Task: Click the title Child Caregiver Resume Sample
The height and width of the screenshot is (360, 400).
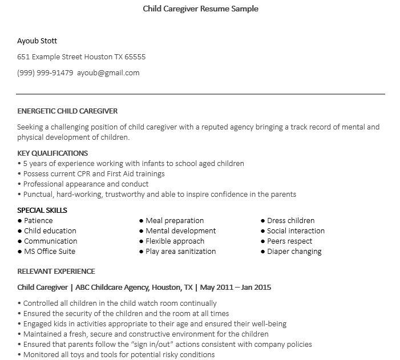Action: tap(200, 9)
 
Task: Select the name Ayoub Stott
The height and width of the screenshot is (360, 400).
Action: tap(37, 41)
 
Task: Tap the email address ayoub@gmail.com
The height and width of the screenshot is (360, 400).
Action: tap(108, 72)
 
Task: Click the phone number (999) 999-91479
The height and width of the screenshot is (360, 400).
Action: tap(45, 72)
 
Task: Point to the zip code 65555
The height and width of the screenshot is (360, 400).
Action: tap(135, 56)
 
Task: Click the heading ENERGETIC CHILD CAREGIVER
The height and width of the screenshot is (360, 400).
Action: tap(67, 111)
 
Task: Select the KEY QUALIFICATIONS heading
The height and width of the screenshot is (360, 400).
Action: tap(52, 153)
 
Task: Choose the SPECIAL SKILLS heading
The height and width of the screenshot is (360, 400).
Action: tap(42, 210)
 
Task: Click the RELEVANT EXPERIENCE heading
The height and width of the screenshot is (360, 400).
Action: tap(56, 271)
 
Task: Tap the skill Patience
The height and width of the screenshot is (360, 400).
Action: tap(38, 220)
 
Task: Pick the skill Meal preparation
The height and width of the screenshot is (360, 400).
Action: tap(175, 220)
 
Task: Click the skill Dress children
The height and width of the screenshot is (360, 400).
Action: tap(291, 220)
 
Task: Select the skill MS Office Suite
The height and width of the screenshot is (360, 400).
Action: tap(50, 251)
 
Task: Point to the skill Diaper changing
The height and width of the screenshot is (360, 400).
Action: tap(294, 251)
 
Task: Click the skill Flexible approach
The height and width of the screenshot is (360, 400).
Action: tap(175, 241)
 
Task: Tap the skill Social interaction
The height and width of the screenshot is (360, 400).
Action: tap(296, 230)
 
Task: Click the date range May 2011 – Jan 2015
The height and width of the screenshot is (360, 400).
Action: tap(237, 287)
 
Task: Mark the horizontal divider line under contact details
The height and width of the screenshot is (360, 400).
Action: tap(200, 94)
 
